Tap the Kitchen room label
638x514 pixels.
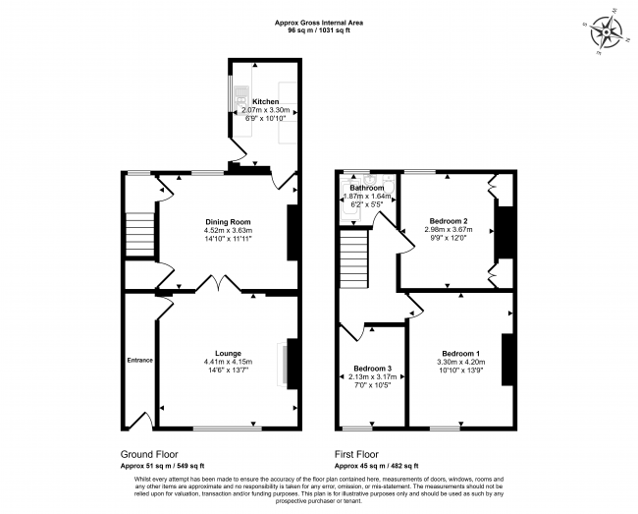[x=265, y=101]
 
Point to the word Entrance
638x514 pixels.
[x=139, y=361]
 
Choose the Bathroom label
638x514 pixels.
[x=367, y=187]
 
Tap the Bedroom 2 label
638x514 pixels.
[x=447, y=221]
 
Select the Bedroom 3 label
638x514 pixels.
[x=372, y=370]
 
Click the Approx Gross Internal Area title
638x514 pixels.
[x=318, y=21]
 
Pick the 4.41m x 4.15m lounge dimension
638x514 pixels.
[x=228, y=362]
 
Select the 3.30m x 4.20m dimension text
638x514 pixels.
[x=460, y=363]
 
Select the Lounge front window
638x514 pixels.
[x=227, y=428]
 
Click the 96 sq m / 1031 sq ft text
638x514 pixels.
[x=318, y=29]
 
